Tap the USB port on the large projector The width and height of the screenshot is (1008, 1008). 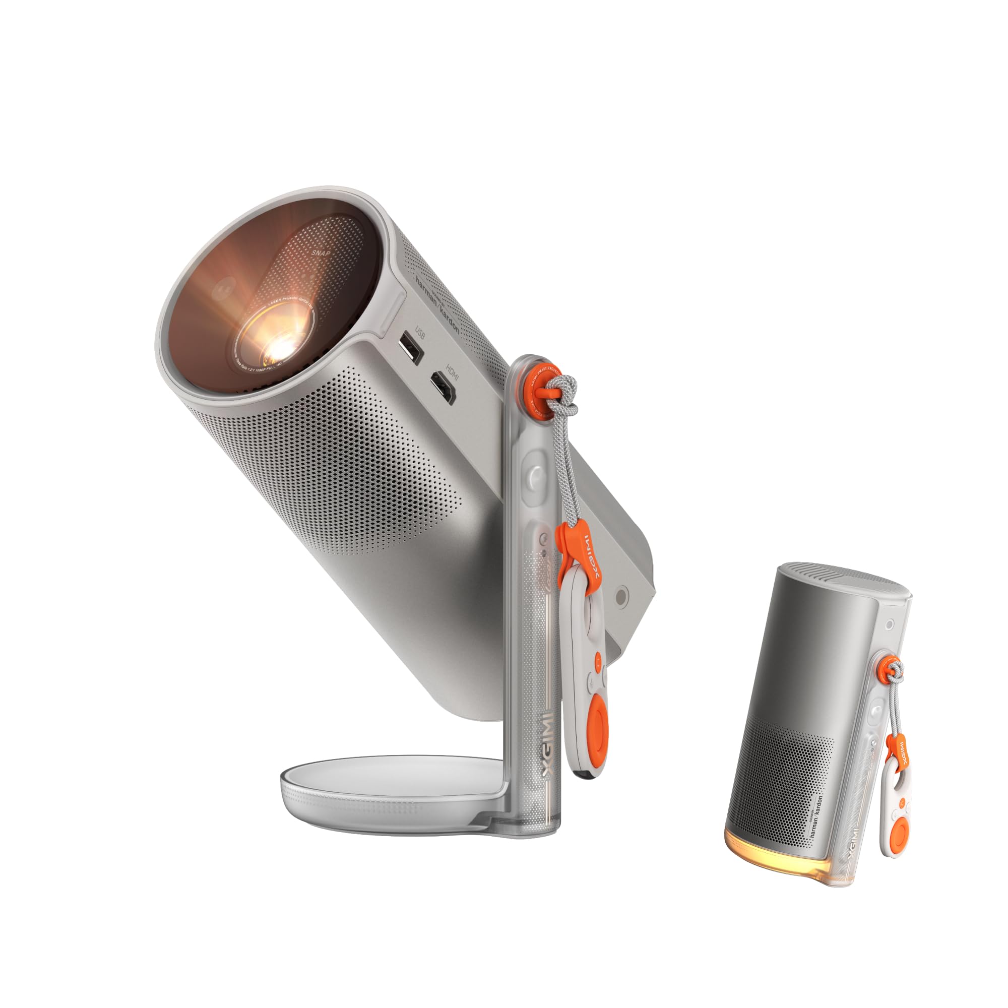point(411,352)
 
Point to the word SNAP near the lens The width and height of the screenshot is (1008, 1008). point(322,253)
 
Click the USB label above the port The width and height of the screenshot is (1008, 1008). point(420,332)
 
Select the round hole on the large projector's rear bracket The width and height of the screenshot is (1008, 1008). point(622,596)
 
